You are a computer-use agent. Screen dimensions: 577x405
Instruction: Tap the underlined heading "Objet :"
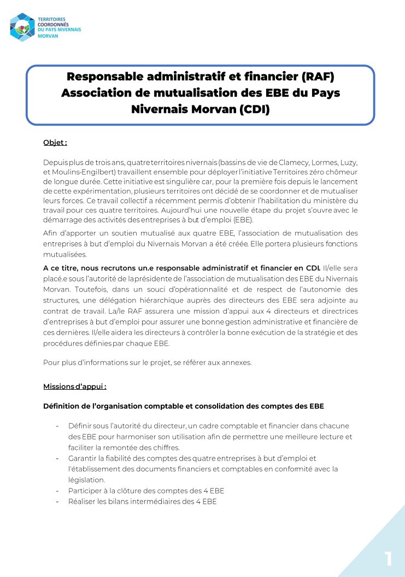click(55, 143)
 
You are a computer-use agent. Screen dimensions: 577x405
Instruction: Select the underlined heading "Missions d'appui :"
click(75, 386)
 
